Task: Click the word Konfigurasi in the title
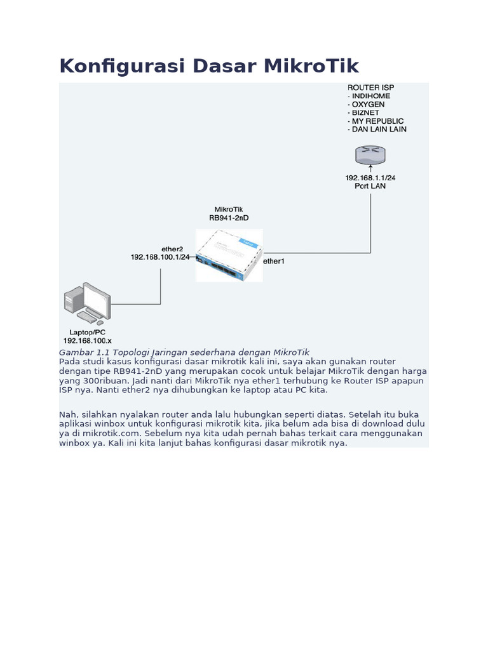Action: [x=112, y=66]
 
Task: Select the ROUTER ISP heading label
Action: [x=370, y=87]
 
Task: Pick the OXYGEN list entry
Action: [x=368, y=104]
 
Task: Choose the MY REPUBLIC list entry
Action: [x=377, y=121]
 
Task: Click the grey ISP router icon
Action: [x=370, y=155]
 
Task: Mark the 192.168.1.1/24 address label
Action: [x=370, y=178]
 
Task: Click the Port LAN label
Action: [x=370, y=186]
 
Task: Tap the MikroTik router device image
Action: [x=229, y=255]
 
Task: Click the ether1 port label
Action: [x=274, y=261]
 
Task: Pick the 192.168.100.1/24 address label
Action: [x=160, y=257]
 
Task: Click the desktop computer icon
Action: [x=87, y=303]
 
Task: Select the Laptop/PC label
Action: [x=87, y=332]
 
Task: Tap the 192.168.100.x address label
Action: [x=87, y=341]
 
